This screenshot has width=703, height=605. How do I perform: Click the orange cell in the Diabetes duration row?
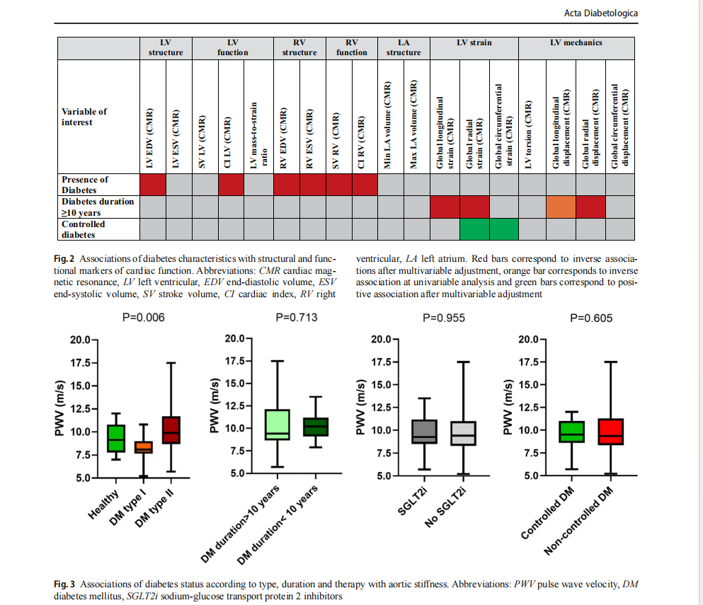tap(561, 207)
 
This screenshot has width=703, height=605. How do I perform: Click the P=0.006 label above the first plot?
tap(144, 318)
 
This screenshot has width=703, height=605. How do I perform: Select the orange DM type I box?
tap(144, 447)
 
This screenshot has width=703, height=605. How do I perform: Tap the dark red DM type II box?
tap(172, 430)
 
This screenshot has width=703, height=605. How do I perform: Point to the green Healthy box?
tap(116, 438)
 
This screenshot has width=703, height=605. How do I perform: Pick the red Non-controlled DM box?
tap(610, 432)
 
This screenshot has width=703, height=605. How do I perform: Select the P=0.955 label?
tap(443, 318)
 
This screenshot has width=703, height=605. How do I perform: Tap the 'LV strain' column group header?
tap(474, 43)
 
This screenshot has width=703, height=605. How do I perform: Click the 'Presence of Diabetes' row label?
tap(85, 184)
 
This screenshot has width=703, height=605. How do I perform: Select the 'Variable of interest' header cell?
tap(84, 117)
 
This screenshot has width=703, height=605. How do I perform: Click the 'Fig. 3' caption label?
tap(64, 584)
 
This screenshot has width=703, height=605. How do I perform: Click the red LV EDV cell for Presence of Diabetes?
tap(153, 184)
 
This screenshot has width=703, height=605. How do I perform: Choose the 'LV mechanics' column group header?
tap(576, 43)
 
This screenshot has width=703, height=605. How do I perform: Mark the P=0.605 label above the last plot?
tap(591, 318)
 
